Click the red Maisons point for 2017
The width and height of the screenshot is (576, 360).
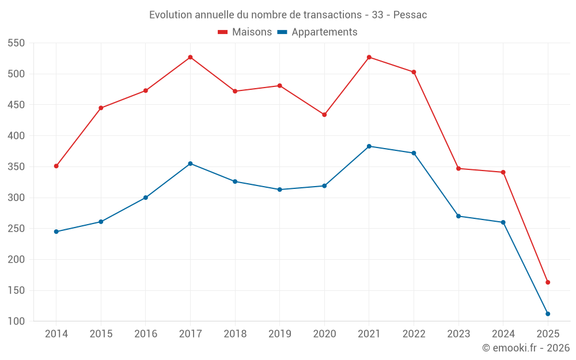pyautogui.click(x=190, y=57)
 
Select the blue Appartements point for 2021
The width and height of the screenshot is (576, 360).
pyautogui.click(x=369, y=146)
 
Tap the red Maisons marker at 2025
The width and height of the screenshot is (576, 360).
pyautogui.click(x=548, y=282)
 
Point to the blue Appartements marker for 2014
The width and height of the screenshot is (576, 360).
pyautogui.click(x=56, y=232)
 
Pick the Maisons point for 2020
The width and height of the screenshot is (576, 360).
pyautogui.click(x=324, y=115)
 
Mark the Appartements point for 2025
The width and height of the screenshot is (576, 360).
pyautogui.click(x=548, y=314)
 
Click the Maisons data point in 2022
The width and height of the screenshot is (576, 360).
pyautogui.click(x=414, y=72)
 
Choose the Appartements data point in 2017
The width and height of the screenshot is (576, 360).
pyautogui.click(x=190, y=164)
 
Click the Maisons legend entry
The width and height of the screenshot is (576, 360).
pyautogui.click(x=245, y=32)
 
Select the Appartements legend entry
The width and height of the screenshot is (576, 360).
pyautogui.click(x=317, y=32)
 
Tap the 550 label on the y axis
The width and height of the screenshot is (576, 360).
pyautogui.click(x=17, y=43)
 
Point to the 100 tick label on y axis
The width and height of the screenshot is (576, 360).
pyautogui.click(x=17, y=321)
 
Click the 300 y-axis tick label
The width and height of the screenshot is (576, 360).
pyautogui.click(x=17, y=198)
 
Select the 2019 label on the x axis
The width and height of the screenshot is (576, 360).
pyautogui.click(x=279, y=334)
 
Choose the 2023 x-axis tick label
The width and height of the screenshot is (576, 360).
pyautogui.click(x=458, y=334)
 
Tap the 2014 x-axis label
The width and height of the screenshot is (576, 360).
pyautogui.click(x=56, y=334)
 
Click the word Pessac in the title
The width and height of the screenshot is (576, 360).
pyautogui.click(x=410, y=15)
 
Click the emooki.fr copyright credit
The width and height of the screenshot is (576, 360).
pyautogui.click(x=526, y=348)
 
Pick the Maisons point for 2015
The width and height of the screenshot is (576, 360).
pyautogui.click(x=101, y=108)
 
